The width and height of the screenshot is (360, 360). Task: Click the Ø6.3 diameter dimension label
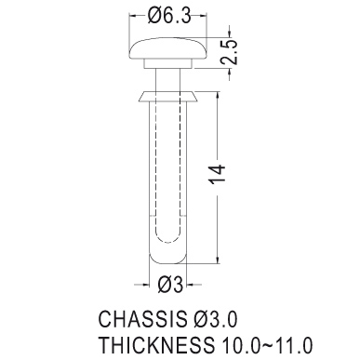pos(168,16)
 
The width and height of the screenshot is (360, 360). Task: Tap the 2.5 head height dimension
pos(230,52)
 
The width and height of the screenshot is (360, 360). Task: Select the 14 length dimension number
pos(218,174)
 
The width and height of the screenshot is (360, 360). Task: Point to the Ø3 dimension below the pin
pos(170,284)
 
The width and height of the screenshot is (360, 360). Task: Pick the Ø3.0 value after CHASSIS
pos(213,319)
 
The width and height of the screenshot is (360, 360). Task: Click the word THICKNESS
pos(156,344)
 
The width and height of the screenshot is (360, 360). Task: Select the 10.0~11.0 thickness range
pos(267,344)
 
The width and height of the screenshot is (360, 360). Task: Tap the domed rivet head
pos(167,48)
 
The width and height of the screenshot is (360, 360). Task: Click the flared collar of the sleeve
pos(167,97)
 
